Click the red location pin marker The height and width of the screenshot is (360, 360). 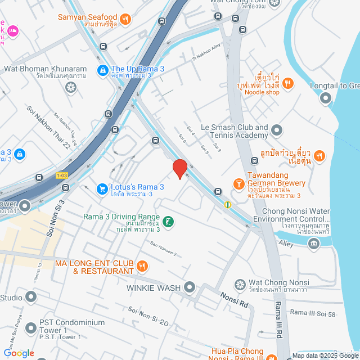(x=179, y=169)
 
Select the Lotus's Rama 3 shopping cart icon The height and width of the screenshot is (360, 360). (x=102, y=188)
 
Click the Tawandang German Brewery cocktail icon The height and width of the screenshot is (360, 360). (x=238, y=184)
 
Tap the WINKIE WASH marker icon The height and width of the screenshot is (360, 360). (x=190, y=288)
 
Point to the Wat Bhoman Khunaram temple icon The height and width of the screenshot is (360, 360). (x=70, y=87)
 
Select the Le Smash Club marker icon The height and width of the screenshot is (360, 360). (x=276, y=131)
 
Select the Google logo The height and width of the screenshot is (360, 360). (x=19, y=353)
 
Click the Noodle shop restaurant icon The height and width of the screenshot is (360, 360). (x=287, y=84)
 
